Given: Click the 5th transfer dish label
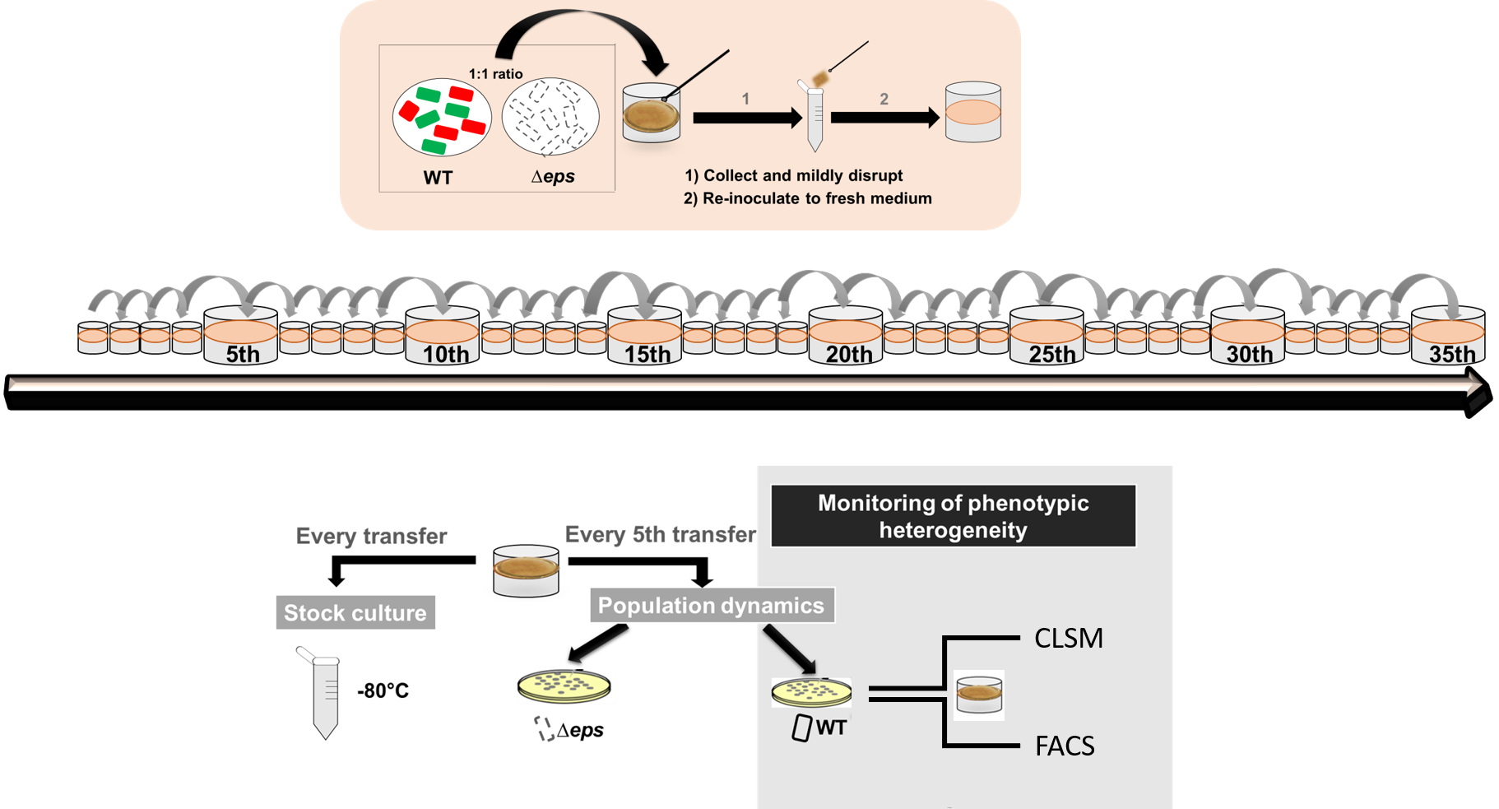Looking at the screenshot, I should point(242,355).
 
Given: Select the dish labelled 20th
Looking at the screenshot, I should point(846,333).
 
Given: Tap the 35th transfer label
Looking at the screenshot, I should point(1452,355).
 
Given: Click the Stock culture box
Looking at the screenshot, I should point(355,613).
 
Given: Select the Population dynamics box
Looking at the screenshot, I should point(711,606).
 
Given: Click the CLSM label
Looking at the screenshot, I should point(1068,639).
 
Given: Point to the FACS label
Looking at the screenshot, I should point(1065,746).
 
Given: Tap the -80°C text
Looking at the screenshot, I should point(383,691).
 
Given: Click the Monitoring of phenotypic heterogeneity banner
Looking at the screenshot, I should point(953,516).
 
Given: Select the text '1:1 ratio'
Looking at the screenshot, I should point(495,74).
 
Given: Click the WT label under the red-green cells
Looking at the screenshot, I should point(438,178).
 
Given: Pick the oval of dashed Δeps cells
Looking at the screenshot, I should point(550,117).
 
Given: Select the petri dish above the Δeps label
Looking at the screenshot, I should point(564,686).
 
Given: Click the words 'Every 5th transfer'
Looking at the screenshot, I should point(660,535).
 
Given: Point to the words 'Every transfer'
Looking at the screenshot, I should point(371,537).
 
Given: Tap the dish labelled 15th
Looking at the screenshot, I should point(645,333).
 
